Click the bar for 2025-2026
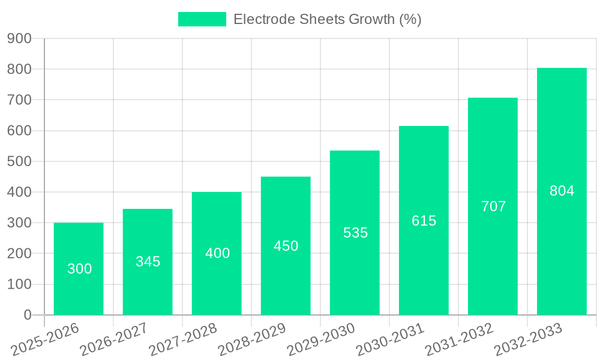point(79,269)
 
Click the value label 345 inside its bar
point(148,262)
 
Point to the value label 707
point(493,206)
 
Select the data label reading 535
point(355,233)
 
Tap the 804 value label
point(562,191)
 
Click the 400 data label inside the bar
point(217,253)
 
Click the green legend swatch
point(202,19)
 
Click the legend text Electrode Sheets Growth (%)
point(327,19)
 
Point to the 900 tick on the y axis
point(19,38)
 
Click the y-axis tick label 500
point(19,161)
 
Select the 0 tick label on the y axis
point(28,315)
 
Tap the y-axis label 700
point(19,100)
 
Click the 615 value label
point(424,221)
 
